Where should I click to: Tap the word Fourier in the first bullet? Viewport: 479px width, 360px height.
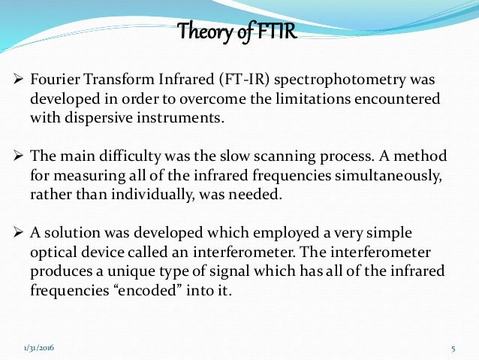(x=52, y=80)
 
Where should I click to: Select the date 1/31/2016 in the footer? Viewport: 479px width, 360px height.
(x=39, y=348)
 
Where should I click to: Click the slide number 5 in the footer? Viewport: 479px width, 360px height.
(x=453, y=348)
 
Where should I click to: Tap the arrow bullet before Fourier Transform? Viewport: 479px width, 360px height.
(x=19, y=80)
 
